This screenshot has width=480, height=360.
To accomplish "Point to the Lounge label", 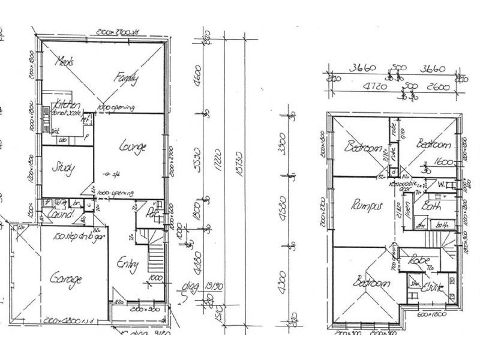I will (134, 145).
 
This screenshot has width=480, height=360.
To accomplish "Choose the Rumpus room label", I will (366, 206).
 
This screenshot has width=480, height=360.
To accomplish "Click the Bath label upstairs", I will (431, 206).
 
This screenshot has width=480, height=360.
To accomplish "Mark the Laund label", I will (62, 214).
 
